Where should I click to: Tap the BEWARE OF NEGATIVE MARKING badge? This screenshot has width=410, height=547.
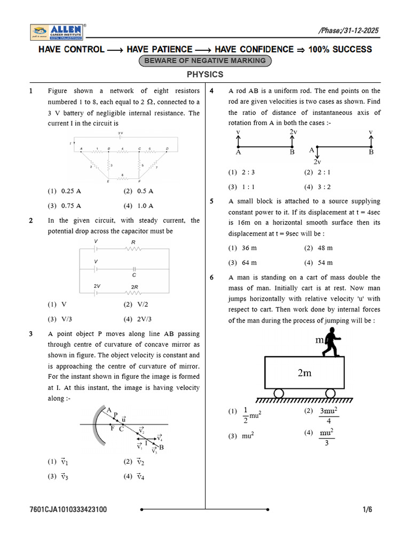pos(205,61)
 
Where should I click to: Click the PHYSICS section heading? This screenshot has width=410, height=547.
pos(205,75)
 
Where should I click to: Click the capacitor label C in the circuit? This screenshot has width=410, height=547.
pos(134,275)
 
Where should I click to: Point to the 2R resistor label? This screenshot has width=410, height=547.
pos(134,287)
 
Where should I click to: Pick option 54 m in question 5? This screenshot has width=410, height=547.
pos(325,263)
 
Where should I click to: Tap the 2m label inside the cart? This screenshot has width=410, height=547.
pos(304,373)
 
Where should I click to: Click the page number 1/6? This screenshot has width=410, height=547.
pos(367,510)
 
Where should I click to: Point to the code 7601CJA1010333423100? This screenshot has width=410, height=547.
pos(68,510)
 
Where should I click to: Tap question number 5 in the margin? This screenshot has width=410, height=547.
pos(212,201)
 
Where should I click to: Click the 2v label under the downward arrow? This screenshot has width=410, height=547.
pos(317,161)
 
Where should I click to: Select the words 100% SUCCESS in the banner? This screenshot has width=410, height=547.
pos(340,49)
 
